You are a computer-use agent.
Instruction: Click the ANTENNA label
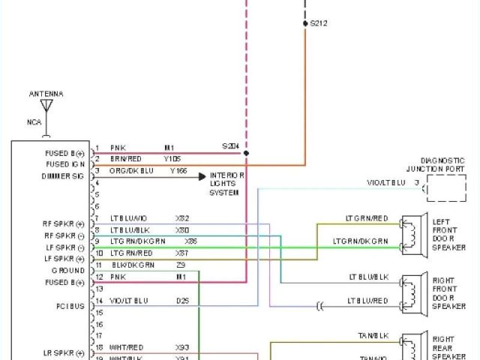pos(46,94)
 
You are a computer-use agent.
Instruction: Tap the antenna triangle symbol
pos(46,105)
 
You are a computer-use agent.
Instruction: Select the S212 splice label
pos(319,24)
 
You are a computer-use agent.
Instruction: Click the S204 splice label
pos(229,146)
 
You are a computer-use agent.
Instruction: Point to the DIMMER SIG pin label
pos(63,176)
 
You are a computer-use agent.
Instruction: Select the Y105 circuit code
pos(172,159)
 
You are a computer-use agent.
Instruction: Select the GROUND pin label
pos(68,270)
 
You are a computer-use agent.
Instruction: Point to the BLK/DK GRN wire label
pos(133,265)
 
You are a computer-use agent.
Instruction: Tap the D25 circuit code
pos(182,301)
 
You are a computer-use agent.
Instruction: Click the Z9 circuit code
pos(181,265)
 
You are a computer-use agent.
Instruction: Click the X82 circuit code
pos(182,217)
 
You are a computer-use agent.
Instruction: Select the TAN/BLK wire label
pos(373,336)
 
